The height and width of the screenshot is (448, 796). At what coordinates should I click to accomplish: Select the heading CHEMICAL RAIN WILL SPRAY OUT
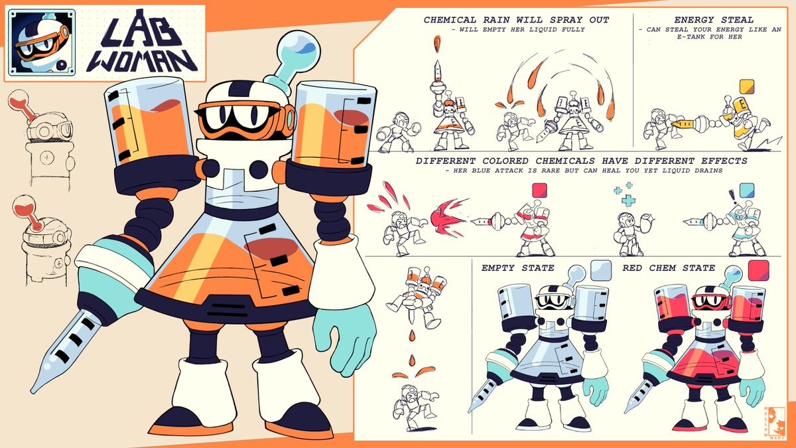tap(516, 20)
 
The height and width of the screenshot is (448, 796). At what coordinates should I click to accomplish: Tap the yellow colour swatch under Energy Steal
tap(746, 86)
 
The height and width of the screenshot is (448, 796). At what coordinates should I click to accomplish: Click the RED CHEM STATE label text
tap(669, 268)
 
